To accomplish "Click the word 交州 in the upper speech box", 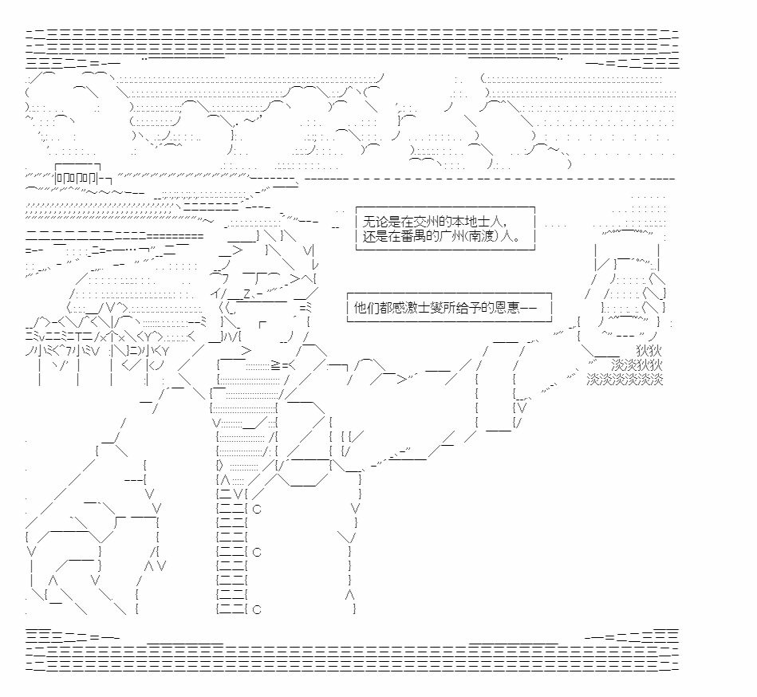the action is pos(425,222).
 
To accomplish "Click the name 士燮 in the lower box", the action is pos(431,308).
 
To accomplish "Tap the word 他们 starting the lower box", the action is pos(366,308).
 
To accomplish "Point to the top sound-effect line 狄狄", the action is pos(649,350).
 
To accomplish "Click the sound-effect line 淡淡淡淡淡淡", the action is pos(625,380).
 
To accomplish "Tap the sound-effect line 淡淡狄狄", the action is pos(637,365).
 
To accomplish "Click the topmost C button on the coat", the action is pos(257,509).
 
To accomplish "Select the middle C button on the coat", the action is pos(257,552).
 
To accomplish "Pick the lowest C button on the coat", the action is pos(257,609).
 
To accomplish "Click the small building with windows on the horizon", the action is pos(77,175).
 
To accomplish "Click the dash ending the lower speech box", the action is pos(529,308).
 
